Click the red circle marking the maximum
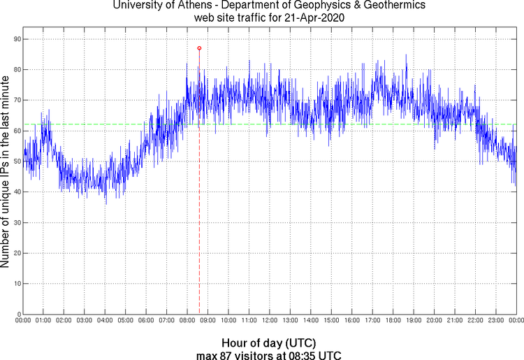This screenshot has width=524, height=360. point(199,48)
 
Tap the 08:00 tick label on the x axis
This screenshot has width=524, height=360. point(187,321)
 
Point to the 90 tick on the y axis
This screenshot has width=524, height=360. point(15,39)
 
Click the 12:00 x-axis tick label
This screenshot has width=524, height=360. point(270,321)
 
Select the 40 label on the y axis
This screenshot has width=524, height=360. point(15,192)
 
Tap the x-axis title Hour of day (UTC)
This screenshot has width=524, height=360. point(268,343)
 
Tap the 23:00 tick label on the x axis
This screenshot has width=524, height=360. point(496,321)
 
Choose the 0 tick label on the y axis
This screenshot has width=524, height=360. point(17,314)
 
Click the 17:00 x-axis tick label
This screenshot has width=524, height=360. point(372,321)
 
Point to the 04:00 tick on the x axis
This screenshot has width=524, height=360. point(105,321)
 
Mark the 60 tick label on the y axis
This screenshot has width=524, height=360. point(15,131)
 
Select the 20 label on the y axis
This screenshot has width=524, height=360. point(15,253)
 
